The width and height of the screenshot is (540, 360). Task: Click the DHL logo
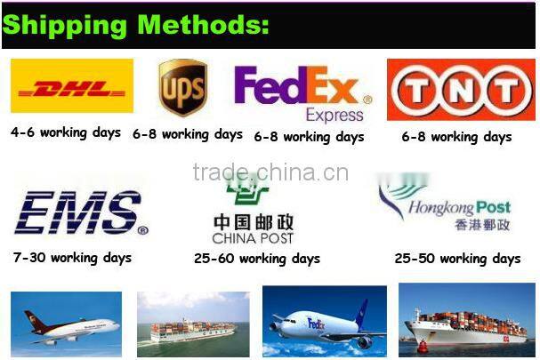pyautogui.click(x=72, y=88)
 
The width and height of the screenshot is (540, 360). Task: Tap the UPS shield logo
pyautogui.click(x=182, y=89)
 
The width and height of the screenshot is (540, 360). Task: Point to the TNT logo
pyautogui.click(x=461, y=90)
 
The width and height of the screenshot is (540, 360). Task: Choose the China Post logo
pyautogui.click(x=253, y=213)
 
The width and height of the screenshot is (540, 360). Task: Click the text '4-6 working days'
pyautogui.click(x=66, y=132)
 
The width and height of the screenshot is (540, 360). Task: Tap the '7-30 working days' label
pyautogui.click(x=72, y=258)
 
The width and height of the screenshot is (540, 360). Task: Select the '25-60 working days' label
pyautogui.click(x=257, y=259)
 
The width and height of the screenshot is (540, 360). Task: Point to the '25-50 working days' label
pyautogui.click(x=457, y=259)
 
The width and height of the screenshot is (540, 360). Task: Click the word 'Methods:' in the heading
pyautogui.click(x=202, y=24)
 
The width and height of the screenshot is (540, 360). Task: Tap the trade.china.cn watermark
pyautogui.click(x=270, y=172)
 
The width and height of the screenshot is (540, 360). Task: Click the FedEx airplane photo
pyautogui.click(x=324, y=322)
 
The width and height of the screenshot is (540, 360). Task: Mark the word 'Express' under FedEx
pyautogui.click(x=334, y=116)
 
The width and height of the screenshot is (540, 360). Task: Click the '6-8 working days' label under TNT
pyautogui.click(x=456, y=137)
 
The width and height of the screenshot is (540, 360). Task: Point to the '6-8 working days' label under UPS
pyautogui.click(x=188, y=134)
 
